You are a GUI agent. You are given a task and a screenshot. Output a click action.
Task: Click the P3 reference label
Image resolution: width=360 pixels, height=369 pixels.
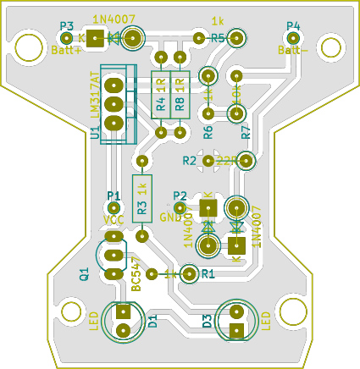67,25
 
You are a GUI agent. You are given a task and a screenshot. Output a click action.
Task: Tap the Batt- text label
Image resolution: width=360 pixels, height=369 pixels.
293,50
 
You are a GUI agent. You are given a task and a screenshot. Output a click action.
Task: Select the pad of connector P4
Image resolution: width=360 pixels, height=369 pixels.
293,39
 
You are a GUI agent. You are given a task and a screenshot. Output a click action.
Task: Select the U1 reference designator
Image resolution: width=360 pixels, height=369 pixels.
95,130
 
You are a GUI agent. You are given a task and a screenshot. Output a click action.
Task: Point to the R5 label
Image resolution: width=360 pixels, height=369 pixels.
218,39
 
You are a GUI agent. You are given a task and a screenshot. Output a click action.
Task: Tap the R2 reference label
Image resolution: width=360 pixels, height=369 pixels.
189,160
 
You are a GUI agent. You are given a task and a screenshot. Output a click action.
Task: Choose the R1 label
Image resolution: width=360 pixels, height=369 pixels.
208,273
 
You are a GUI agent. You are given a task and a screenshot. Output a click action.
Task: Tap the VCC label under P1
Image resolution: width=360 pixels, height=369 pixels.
114,220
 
